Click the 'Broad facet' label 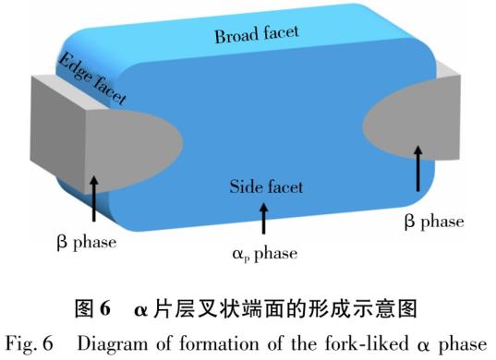click(x=257, y=34)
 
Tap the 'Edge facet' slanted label click(x=92, y=78)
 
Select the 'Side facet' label click(x=266, y=186)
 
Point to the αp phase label click(x=265, y=254)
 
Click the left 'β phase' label click(x=87, y=243)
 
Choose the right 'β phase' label click(x=434, y=222)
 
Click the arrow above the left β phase click(x=93, y=198)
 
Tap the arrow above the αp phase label click(x=263, y=219)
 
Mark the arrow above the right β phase click(x=418, y=169)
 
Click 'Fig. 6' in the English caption click(x=30, y=343)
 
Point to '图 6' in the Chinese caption click(x=92, y=308)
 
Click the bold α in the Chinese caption click(x=140, y=310)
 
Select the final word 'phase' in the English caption click(x=463, y=344)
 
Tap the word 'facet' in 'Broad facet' click(x=281, y=32)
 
